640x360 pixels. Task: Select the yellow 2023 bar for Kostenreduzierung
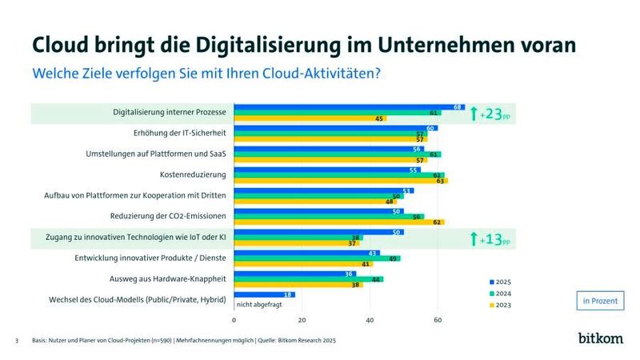coord(340,181)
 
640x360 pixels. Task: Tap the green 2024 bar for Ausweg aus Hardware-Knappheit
coord(308,278)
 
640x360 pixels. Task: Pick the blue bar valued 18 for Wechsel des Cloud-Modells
coord(264,294)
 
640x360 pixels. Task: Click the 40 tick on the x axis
coord(370,320)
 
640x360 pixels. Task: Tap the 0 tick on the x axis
coord(234,320)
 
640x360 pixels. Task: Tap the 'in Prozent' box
coord(599,301)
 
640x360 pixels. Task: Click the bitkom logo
coord(599,338)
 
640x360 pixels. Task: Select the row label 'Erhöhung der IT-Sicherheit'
coord(179,133)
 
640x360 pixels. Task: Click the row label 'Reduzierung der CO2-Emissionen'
coord(168,216)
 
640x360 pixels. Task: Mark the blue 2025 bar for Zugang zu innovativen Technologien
coord(318,232)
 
